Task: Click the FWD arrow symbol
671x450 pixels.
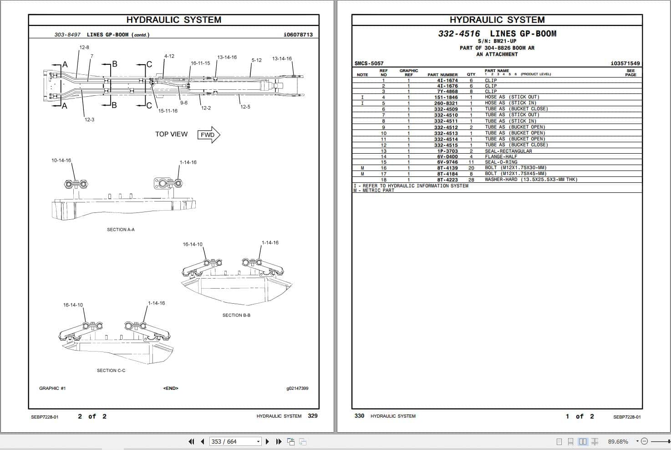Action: [209, 135]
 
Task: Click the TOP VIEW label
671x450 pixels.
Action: [171, 134]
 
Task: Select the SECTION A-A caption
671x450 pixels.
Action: [121, 229]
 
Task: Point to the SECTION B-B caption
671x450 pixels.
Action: [236, 315]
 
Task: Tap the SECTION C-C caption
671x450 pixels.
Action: [111, 370]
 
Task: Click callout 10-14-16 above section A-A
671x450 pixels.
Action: [61, 160]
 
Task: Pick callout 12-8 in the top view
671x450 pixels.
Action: [84, 47]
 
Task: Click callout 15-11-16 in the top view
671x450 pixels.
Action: [168, 111]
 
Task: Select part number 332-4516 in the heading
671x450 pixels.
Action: [459, 34]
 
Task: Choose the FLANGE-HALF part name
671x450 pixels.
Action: [501, 156]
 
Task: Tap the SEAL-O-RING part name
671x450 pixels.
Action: [501, 162]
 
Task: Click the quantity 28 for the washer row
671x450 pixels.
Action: [471, 180]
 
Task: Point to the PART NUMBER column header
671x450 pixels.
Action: [442, 74]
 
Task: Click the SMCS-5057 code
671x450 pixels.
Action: [369, 63]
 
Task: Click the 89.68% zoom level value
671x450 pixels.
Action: [618, 441]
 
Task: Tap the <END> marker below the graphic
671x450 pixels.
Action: [171, 388]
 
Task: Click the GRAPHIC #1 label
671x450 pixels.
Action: [52, 388]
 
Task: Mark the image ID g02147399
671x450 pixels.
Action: [297, 388]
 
